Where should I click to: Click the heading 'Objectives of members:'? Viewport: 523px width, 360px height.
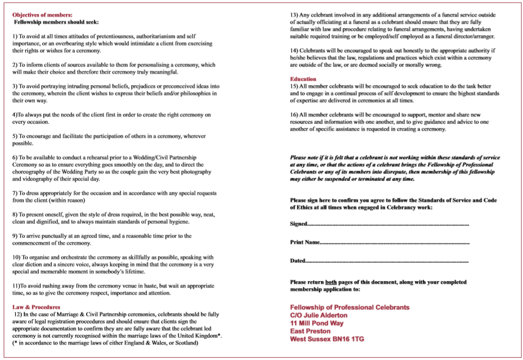pos(42,15)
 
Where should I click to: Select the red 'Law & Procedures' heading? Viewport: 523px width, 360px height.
pos(36,307)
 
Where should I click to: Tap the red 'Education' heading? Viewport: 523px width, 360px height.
pos(303,79)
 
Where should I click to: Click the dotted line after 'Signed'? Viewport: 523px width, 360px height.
pos(388,224)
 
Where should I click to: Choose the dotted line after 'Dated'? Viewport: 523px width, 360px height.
pos(387,261)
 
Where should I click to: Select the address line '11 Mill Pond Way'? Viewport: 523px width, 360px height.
pos(317,323)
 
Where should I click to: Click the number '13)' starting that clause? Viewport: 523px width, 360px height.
pos(294,15)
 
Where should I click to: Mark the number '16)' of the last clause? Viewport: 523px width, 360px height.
pos(294,115)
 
